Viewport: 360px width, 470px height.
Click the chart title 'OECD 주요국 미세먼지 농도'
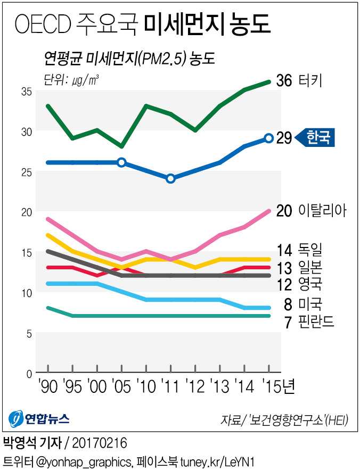pos(143,24)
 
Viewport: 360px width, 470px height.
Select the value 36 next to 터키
pos(284,81)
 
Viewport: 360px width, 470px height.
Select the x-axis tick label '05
pos(121,387)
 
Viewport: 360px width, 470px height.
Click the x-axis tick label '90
pos(47,387)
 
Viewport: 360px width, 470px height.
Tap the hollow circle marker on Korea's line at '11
pos(170,178)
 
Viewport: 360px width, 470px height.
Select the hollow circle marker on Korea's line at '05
pos(121,162)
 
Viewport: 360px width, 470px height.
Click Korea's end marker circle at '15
pos(269,138)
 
